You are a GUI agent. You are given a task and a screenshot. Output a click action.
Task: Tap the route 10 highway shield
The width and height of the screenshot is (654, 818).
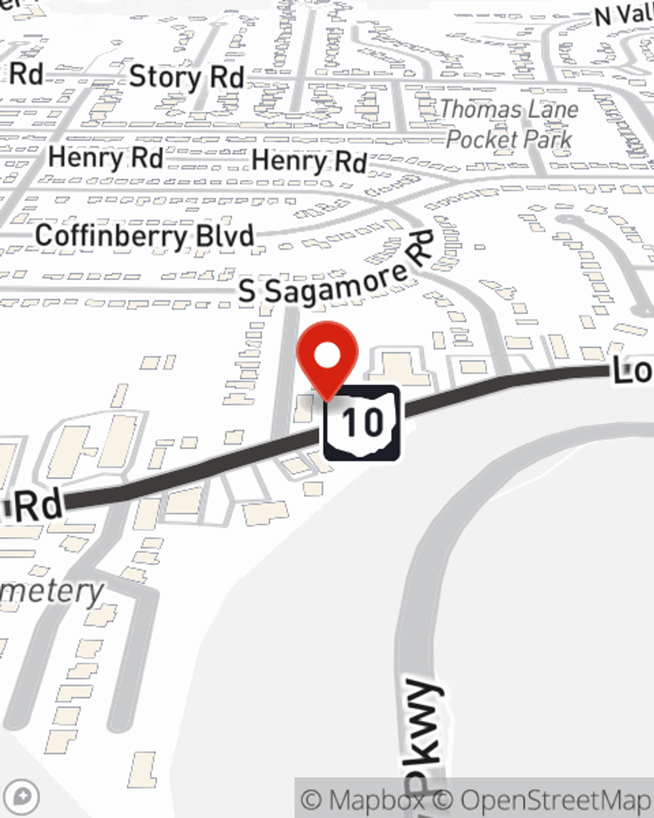(x=362, y=422)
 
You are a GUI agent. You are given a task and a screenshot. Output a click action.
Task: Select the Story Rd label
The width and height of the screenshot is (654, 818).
(x=186, y=77)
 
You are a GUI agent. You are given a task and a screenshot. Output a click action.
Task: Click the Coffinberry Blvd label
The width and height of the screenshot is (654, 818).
(x=145, y=236)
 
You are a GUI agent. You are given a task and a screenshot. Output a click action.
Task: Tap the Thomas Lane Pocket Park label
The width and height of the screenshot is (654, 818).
(x=509, y=124)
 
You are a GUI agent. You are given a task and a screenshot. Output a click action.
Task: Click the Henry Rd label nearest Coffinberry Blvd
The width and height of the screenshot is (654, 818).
(x=105, y=158)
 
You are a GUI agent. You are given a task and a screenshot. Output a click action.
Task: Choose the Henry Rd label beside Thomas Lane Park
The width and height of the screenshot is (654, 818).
(x=309, y=161)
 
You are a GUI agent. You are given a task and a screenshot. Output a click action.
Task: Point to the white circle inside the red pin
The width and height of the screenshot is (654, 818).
(x=327, y=356)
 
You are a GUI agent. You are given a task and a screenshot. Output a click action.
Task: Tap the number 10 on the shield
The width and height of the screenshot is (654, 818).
(x=362, y=422)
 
